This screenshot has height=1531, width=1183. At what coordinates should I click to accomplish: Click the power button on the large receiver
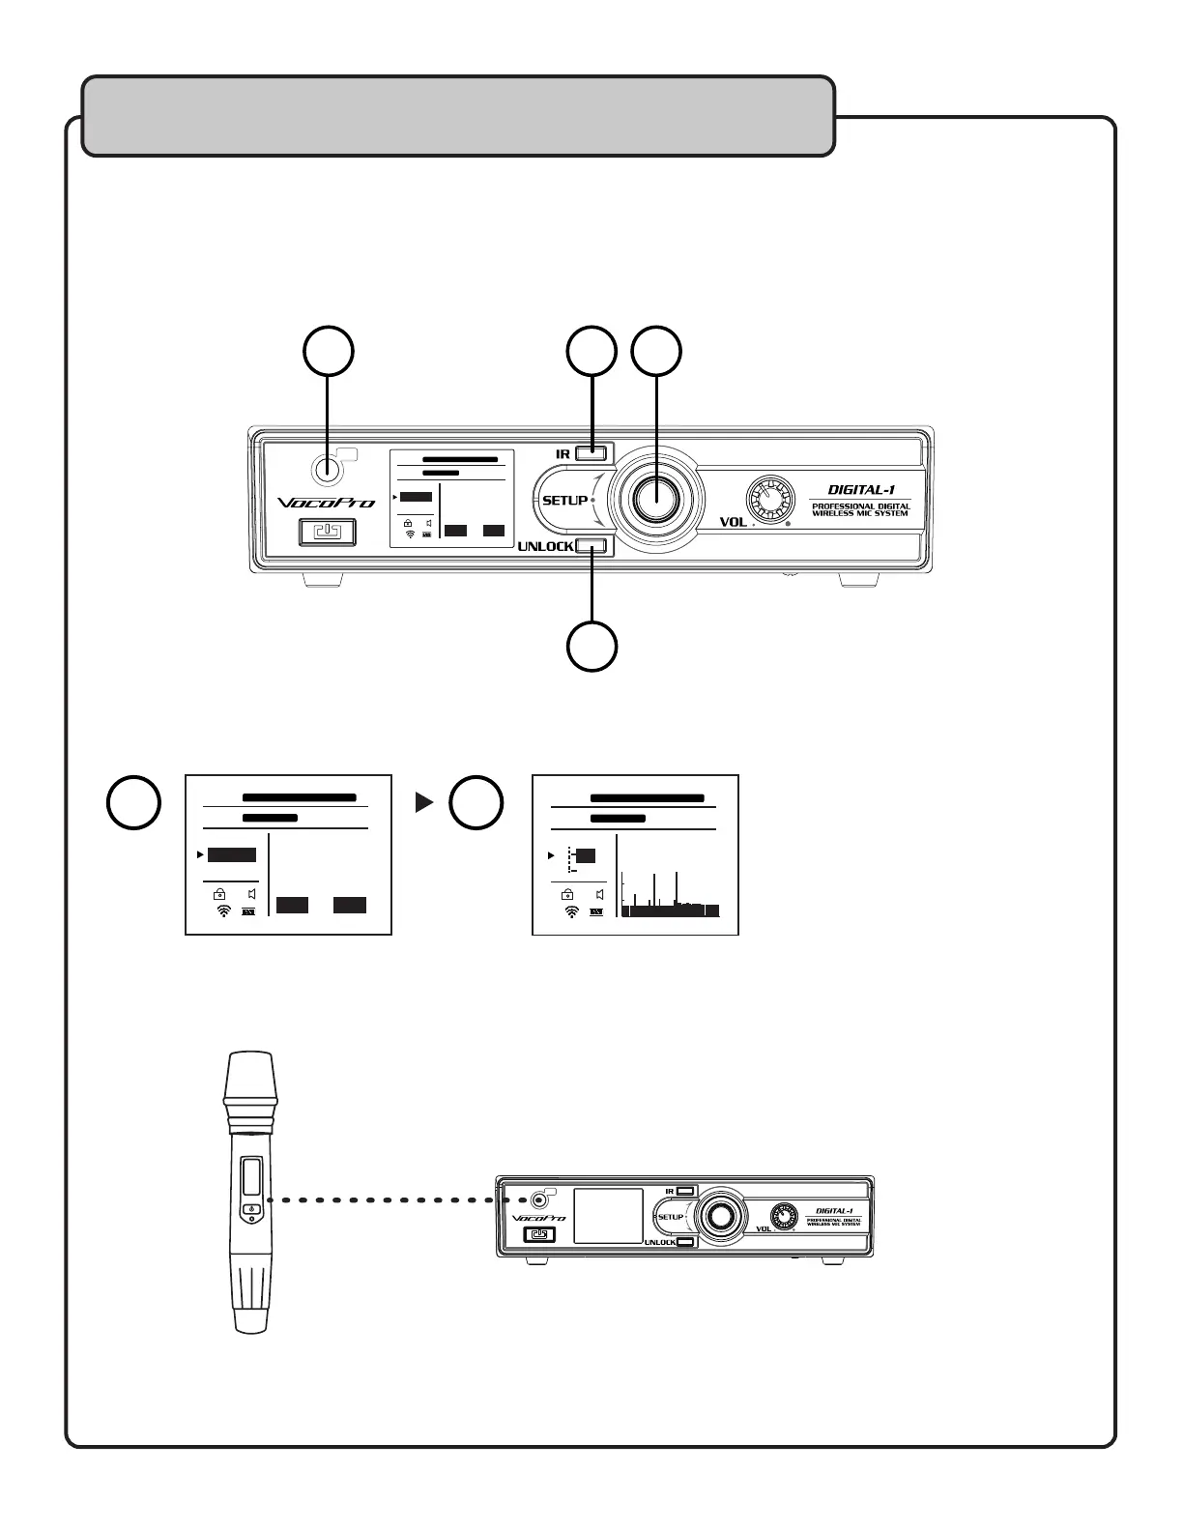tap(328, 533)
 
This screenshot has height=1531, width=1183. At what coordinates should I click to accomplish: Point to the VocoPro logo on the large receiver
tap(326, 503)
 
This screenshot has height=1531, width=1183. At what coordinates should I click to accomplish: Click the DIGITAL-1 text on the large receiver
tap(860, 490)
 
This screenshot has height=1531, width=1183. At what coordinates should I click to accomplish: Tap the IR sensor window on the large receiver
tap(328, 469)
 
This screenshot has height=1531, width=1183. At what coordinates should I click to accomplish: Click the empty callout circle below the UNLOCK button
tap(591, 647)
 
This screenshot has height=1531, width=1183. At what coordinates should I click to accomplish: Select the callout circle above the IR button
tap(591, 352)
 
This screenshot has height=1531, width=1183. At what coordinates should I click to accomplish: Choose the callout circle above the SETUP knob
tap(656, 352)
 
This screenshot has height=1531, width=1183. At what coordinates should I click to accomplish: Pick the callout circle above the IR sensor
tap(329, 352)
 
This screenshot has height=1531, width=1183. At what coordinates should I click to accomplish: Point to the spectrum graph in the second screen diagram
tap(670, 895)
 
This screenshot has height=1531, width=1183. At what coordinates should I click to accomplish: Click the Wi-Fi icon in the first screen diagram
tap(223, 910)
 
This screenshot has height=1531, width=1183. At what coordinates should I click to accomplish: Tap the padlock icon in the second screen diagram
tap(567, 894)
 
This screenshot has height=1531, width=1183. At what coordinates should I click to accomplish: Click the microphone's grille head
tap(250, 1079)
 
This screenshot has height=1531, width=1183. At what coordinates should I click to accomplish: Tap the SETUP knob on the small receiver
tap(719, 1216)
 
